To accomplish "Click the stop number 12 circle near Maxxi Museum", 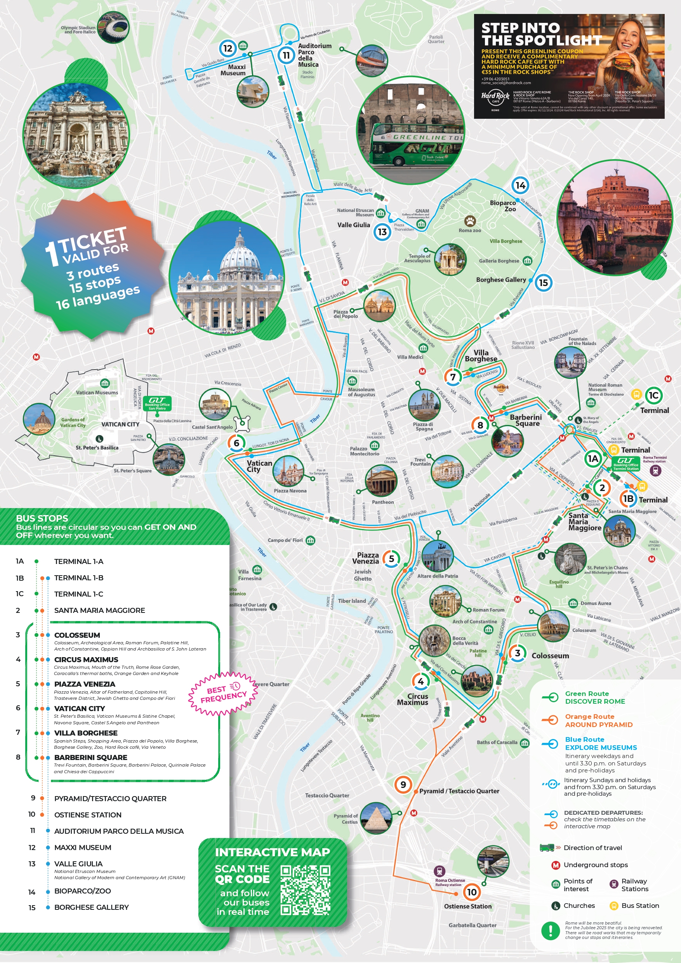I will (x=228, y=48).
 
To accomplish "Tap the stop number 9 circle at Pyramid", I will (x=403, y=784).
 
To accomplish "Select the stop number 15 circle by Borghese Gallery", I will (x=543, y=283).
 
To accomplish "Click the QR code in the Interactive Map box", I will (x=305, y=890).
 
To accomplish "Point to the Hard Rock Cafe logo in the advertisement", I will (x=495, y=97).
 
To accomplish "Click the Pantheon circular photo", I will (x=381, y=481).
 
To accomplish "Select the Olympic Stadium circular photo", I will (x=113, y=28).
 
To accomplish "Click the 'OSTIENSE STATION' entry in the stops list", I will (x=88, y=814).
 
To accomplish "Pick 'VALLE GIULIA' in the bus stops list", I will (x=78, y=864).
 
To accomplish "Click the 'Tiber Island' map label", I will (x=352, y=600).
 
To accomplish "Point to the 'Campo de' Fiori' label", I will (x=285, y=540).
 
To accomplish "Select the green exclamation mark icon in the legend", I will (x=550, y=931).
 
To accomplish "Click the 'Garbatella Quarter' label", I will (x=472, y=925).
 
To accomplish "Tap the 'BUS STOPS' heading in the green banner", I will (x=42, y=519).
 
